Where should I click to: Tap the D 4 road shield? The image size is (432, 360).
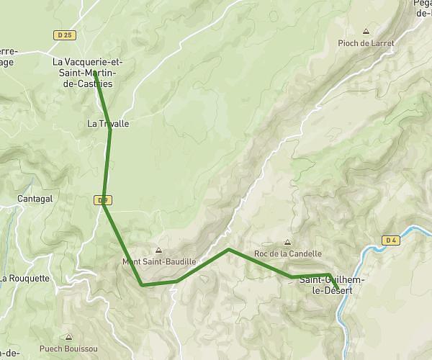tap(392, 240)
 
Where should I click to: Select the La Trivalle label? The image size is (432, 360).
tap(108, 124)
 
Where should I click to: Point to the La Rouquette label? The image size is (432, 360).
tap(24, 278)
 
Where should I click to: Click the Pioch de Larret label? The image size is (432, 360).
tap(366, 43)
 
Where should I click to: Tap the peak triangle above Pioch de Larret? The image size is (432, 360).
tap(366, 32)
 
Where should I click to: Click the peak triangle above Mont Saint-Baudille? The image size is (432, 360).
tap(158, 251)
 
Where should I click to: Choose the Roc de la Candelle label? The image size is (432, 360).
tap(288, 253)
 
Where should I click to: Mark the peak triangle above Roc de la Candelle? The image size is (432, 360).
tap(288, 243)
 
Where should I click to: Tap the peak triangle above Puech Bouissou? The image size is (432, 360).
tap(68, 336)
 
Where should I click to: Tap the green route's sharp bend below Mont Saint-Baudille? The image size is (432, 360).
tap(143, 285)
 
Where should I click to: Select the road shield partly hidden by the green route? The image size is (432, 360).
tap(102, 199)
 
